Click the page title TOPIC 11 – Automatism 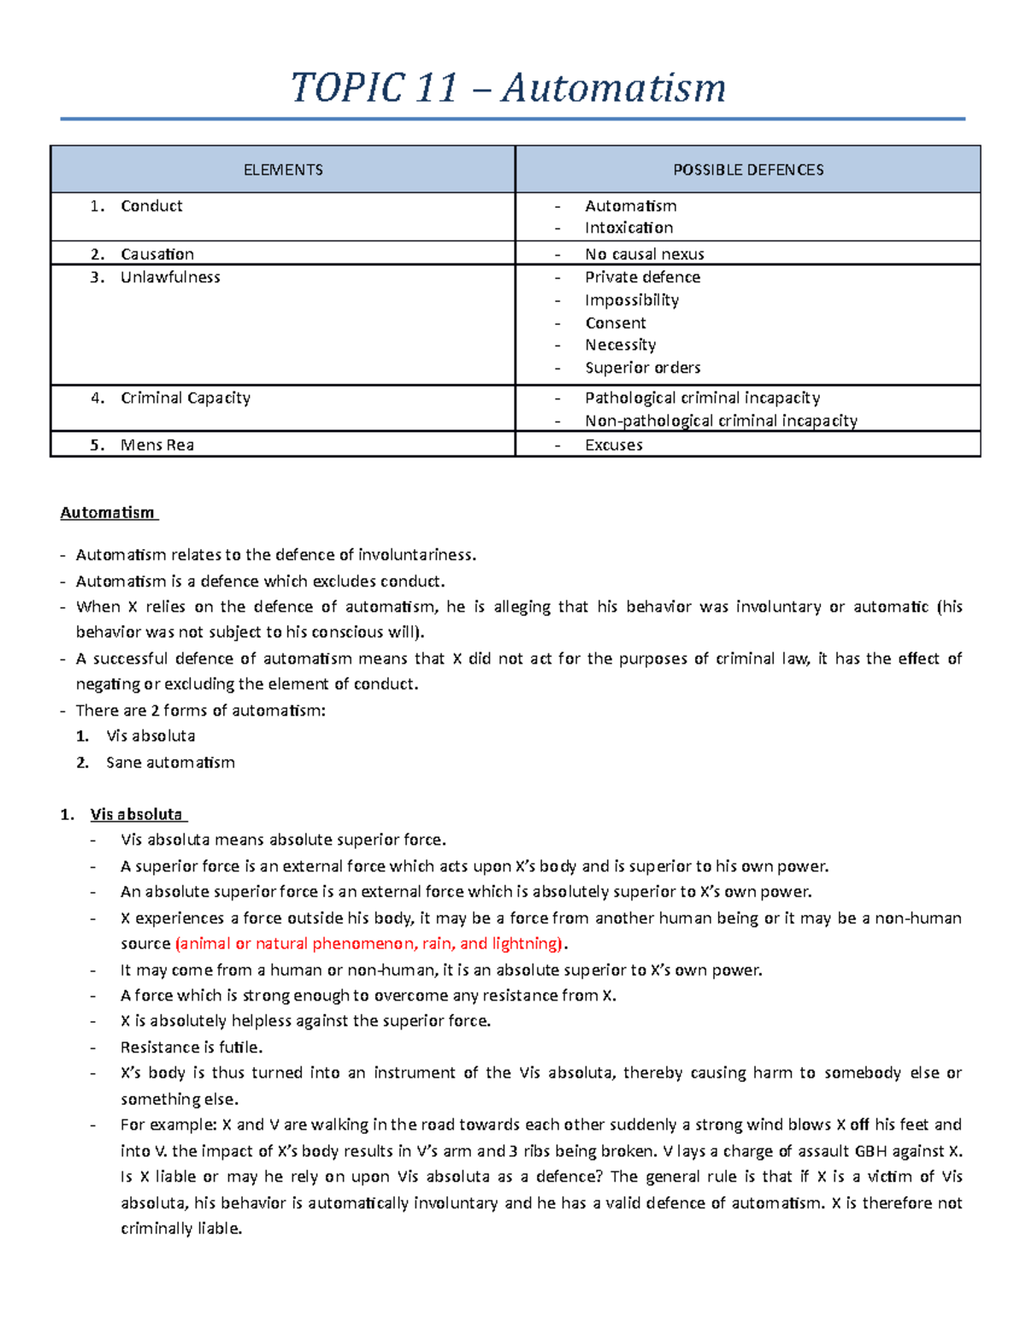pos(509,88)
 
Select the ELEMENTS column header pos(283,170)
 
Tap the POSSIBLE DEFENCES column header pos(748,170)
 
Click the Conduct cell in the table pos(151,206)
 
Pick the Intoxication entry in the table pos(628,228)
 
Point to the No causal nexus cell pos(644,254)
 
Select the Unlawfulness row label pos(170,277)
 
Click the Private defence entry pos(642,277)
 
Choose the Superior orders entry pos(642,368)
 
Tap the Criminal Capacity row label pos(186,398)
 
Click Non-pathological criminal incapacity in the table pos(721,421)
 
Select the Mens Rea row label pos(157,445)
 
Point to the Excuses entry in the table pos(613,445)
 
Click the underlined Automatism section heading pos(108,513)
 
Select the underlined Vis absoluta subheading pos(137,814)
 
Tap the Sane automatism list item pos(170,763)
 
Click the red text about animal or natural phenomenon pos(369,944)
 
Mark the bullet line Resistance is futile pos(192,1048)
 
